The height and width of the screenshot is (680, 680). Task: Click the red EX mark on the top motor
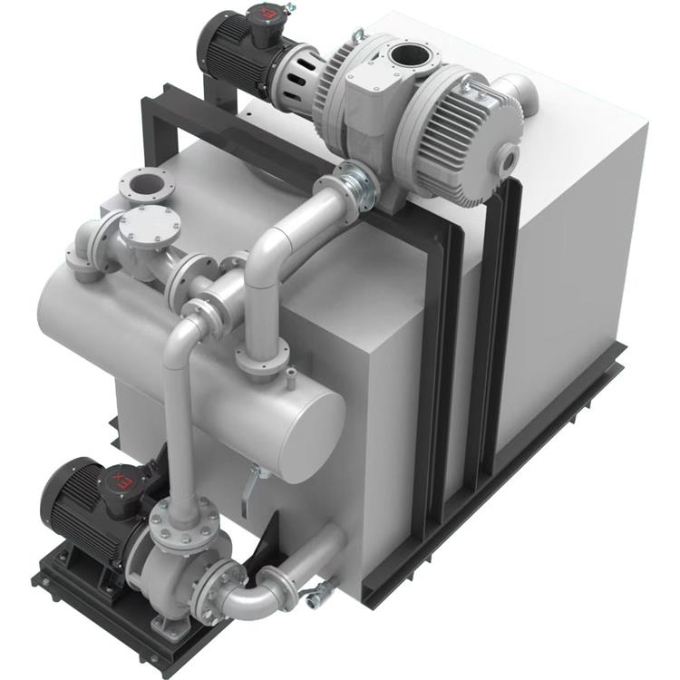tap(268, 12)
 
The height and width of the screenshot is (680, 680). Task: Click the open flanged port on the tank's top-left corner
tap(147, 184)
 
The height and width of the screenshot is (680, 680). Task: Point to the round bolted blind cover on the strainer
tap(150, 226)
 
